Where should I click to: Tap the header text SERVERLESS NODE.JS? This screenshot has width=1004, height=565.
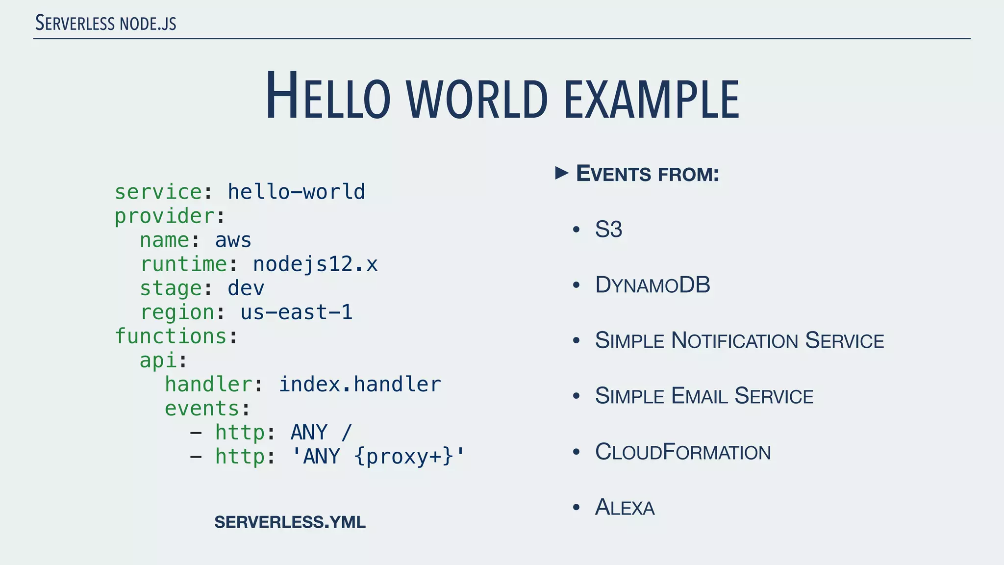(x=106, y=24)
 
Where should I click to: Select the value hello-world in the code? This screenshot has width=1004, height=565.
(x=296, y=192)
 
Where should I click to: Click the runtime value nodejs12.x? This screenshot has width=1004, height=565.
(x=315, y=264)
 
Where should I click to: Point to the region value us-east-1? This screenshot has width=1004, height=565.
(x=296, y=312)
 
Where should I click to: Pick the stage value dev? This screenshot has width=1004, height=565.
(x=246, y=288)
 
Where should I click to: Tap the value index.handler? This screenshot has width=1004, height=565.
(x=359, y=385)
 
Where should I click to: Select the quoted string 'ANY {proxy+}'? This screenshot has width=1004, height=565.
(x=377, y=457)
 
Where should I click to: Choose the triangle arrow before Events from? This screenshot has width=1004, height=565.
(x=562, y=173)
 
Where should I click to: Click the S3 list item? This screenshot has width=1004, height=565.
(x=608, y=230)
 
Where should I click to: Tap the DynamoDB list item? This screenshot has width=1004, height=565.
(x=653, y=285)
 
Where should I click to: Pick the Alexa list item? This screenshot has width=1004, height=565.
(x=625, y=508)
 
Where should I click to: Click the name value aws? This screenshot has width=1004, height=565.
(x=233, y=240)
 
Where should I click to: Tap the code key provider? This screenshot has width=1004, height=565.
(x=165, y=216)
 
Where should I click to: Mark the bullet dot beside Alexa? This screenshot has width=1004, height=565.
(x=577, y=508)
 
